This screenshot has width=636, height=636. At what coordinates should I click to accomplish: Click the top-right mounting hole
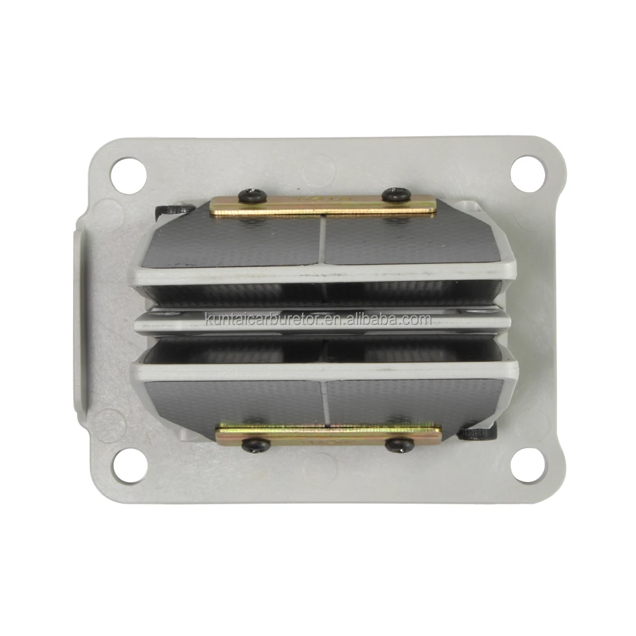click(x=527, y=170)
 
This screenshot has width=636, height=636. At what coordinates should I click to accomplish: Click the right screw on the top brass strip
click(x=394, y=194)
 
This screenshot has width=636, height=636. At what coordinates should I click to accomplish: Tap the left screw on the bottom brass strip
click(x=255, y=445)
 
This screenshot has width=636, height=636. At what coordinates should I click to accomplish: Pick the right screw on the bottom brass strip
click(x=399, y=445)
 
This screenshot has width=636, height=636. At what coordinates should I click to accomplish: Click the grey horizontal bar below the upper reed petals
click(x=324, y=275)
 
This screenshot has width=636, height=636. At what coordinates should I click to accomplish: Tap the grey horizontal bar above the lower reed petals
click(x=324, y=371)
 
